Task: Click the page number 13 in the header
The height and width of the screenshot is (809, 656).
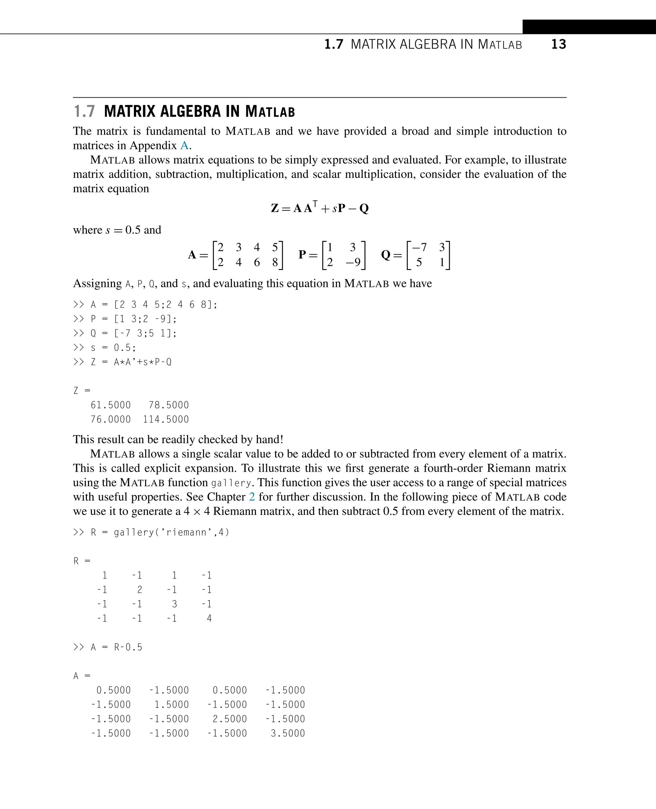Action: [559, 44]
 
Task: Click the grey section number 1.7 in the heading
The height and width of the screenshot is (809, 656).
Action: [84, 111]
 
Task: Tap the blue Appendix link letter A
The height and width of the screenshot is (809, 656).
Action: [184, 145]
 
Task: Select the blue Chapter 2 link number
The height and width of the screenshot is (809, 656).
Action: [252, 496]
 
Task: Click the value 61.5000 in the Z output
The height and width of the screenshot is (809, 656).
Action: [110, 405]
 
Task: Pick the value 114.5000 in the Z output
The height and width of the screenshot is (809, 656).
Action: [166, 420]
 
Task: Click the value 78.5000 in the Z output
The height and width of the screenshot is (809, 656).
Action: [168, 405]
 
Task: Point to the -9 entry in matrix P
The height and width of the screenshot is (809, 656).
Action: [353, 262]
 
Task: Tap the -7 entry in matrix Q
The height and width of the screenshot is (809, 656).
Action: [419, 248]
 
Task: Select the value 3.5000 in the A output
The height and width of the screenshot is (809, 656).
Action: [288, 733]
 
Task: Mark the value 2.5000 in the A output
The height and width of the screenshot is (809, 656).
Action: [229, 719]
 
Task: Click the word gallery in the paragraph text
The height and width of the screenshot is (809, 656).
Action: [231, 483]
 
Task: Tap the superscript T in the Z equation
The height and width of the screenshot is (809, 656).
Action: [315, 204]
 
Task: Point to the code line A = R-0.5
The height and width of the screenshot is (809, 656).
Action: [116, 647]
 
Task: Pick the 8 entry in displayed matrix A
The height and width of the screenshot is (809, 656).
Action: [275, 262]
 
